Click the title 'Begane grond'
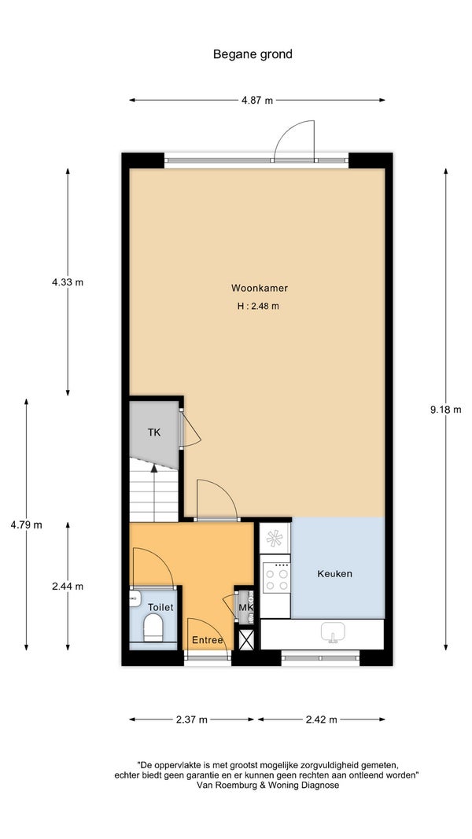tap(253, 54)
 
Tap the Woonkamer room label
tap(260, 288)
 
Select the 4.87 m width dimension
tap(257, 100)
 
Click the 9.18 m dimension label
tap(446, 410)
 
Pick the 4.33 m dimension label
tap(68, 282)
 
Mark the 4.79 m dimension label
tap(26, 525)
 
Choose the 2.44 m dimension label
tap(68, 586)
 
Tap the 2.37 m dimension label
tap(192, 719)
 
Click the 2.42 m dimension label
tap(322, 719)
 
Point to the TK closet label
tap(154, 432)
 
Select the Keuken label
tap(335, 573)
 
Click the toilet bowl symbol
tap(153, 627)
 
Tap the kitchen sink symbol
tap(333, 632)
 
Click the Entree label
tap(208, 640)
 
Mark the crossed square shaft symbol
tap(247, 639)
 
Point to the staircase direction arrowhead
tap(154, 468)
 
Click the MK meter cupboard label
tap(245, 608)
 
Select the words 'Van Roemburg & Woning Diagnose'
tap(267, 786)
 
